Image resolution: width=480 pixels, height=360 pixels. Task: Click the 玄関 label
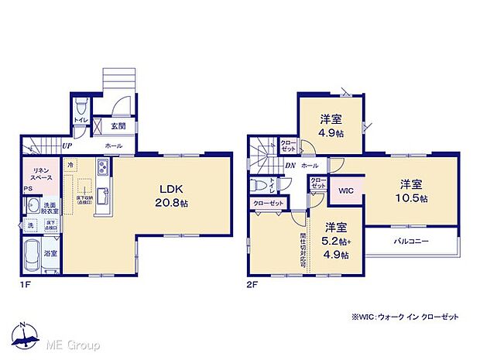(118, 126)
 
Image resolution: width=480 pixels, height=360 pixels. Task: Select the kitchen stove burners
(102, 170)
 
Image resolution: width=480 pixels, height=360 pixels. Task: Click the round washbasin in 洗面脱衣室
(31, 205)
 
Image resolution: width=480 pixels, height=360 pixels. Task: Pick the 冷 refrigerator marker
(70, 165)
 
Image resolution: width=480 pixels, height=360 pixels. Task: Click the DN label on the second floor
(289, 166)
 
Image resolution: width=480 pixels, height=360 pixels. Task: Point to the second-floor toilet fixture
(264, 185)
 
